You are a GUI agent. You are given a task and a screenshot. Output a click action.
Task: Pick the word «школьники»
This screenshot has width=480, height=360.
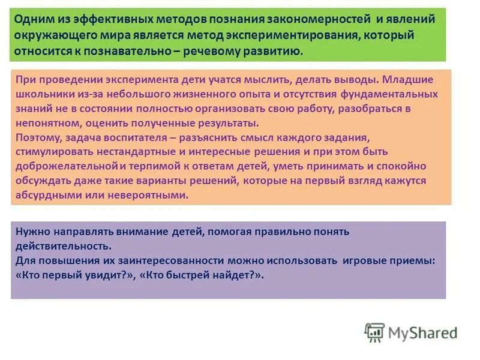point(41,94)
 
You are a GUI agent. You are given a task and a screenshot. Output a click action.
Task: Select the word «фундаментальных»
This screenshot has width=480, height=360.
point(389,94)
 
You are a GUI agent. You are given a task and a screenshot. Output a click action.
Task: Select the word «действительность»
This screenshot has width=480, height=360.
point(64,246)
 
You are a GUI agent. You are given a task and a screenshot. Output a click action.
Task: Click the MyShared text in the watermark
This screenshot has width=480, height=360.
point(422,332)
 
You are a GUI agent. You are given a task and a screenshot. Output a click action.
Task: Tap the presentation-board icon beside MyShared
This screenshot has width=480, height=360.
point(374,332)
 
